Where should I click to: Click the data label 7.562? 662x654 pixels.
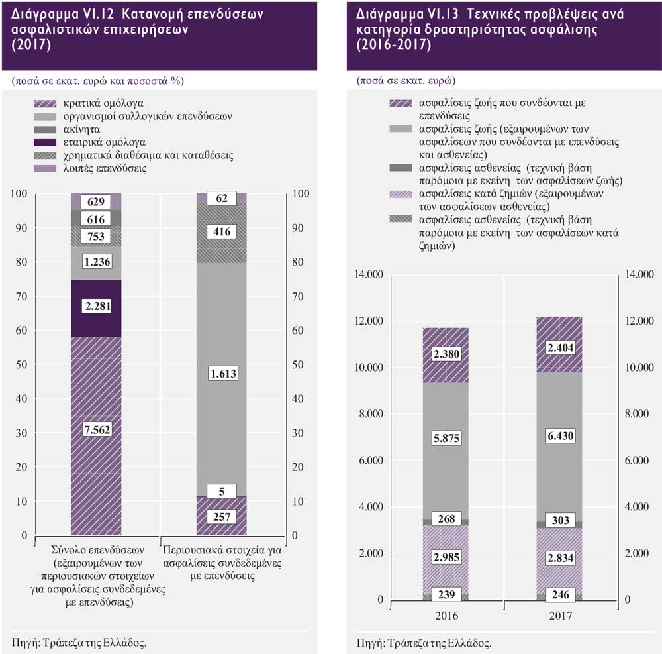(97, 430)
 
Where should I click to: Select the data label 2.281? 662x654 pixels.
(97, 305)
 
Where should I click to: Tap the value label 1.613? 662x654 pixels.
(222, 374)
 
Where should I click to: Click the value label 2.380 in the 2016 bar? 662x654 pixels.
(446, 354)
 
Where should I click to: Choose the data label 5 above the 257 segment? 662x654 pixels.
(222, 491)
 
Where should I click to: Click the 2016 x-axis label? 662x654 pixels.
(446, 616)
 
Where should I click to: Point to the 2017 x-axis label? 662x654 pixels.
(560, 616)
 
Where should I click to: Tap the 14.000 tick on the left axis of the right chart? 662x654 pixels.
(371, 275)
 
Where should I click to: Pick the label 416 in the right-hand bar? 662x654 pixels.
(222, 231)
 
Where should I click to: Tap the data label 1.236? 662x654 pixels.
(97, 262)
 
